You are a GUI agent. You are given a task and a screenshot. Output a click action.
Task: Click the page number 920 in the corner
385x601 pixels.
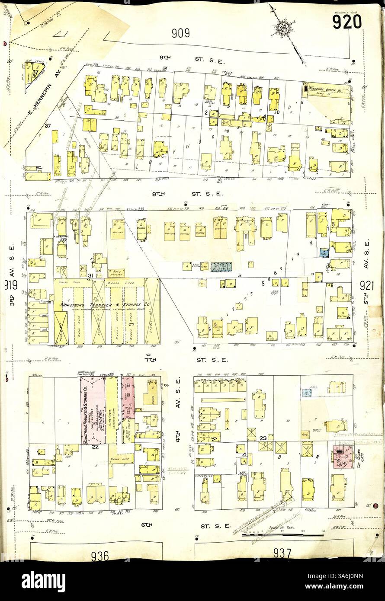click(x=346, y=20)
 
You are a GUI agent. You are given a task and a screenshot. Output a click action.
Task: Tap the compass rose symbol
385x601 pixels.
click(x=282, y=27)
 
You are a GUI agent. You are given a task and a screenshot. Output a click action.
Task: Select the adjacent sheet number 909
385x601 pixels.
click(x=180, y=33)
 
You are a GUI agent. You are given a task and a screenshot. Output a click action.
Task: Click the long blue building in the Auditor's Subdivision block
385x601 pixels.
click(x=221, y=266)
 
